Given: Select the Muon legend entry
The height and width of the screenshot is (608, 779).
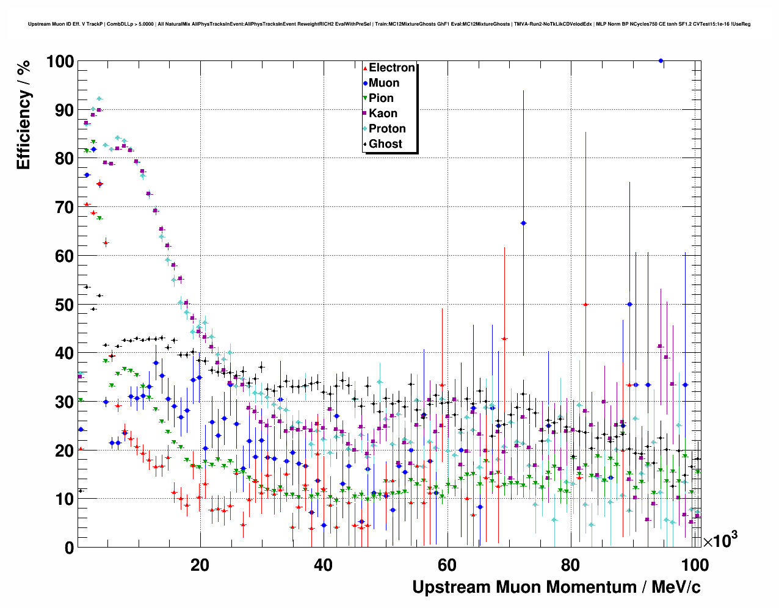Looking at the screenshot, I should coord(383,83).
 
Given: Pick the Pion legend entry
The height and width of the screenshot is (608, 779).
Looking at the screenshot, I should coord(381,98).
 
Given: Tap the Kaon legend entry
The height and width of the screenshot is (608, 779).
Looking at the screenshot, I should coord(383,114).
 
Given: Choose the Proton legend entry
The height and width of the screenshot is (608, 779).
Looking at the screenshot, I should coord(387,129).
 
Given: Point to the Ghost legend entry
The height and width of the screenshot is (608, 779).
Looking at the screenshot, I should coord(385,144).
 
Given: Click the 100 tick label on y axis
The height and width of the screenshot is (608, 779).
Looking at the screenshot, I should coord(59,62).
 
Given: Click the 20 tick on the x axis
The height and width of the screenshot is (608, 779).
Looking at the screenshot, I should coord(200,565).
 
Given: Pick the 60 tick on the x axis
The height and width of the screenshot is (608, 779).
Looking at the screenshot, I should coord(447,565).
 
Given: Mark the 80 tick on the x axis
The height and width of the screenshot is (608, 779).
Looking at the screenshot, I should coord(570,565).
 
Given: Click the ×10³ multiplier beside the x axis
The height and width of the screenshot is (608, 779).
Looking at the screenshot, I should coord(720,540).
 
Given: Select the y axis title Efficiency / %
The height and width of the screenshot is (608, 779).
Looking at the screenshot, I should coord(23,115).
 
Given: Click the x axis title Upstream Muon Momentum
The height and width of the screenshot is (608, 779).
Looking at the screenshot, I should coord(556,587).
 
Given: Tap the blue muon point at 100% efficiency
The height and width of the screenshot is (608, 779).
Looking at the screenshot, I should coord(661,60).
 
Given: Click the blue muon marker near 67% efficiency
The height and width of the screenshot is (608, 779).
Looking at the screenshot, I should coord(523,223).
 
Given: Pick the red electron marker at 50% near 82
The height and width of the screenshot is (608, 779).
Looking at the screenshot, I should coord(585,304).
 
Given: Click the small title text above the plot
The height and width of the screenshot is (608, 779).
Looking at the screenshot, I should coord(389,24).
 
